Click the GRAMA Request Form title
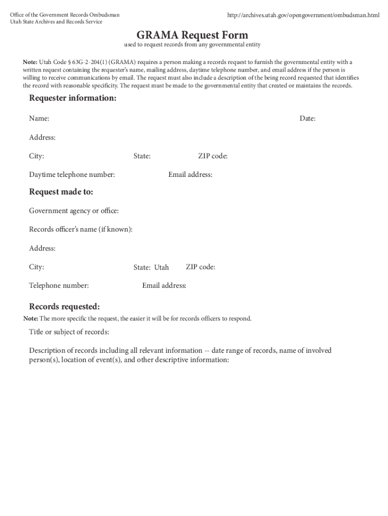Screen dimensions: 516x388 (192, 35)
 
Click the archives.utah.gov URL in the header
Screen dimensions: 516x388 (303, 16)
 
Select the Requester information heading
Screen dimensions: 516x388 (73, 98)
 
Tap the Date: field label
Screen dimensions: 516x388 (307, 118)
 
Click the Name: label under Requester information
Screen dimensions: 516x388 (39, 118)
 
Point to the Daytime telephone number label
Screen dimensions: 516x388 (72, 175)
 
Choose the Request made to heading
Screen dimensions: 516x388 (61, 192)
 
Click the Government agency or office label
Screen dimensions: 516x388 (74, 211)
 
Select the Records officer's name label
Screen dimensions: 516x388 (81, 229)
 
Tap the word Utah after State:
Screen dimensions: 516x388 (162, 268)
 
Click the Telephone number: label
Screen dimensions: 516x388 (59, 286)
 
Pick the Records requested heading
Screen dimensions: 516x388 (64, 307)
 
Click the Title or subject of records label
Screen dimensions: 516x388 (69, 332)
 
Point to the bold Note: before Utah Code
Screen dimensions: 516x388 (30, 62)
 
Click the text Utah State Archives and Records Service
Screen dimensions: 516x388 (56, 22)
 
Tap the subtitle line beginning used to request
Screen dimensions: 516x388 (192, 45)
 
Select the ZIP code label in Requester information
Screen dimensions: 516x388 (213, 156)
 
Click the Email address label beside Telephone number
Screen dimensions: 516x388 (164, 286)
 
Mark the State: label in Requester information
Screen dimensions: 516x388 (142, 156)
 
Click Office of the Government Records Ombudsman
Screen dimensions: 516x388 (64, 15)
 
